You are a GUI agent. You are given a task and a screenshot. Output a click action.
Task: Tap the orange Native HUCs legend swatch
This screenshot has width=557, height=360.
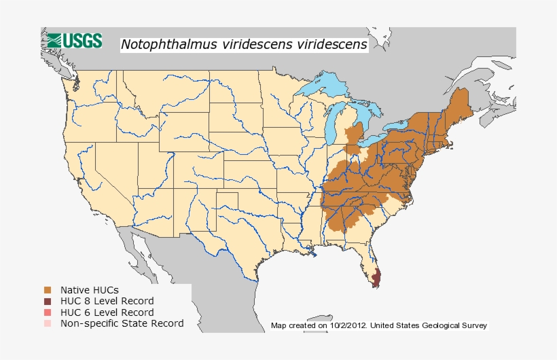48,290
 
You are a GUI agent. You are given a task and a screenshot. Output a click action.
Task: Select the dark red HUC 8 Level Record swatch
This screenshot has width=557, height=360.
48,301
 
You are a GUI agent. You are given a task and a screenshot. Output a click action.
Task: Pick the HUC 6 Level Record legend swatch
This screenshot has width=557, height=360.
48,312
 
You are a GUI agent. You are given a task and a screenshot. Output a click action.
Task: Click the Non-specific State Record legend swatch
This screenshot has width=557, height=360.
48,323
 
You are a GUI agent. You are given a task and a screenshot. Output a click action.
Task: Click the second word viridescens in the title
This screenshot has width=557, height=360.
329,45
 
